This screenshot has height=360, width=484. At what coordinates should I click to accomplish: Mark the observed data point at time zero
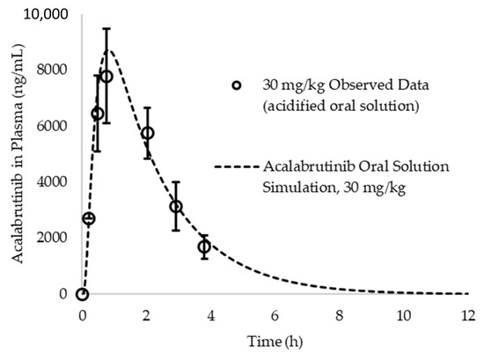[x=82, y=294]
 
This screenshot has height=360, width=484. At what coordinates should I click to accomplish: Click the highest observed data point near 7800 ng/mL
[x=106, y=77]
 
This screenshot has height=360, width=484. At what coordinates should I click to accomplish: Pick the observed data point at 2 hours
[x=148, y=133]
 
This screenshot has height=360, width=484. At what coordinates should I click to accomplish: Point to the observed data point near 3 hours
[x=176, y=207]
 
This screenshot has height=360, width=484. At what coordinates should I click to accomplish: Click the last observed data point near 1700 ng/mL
[x=204, y=246]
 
